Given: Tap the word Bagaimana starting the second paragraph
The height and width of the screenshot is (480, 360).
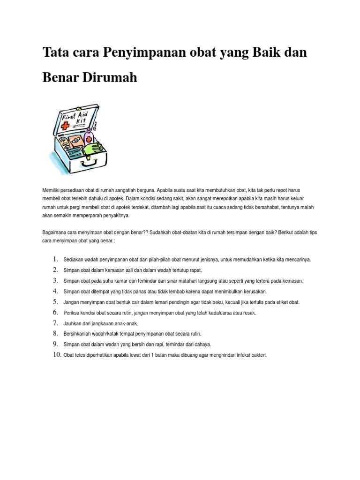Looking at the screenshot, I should pos(54,232).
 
